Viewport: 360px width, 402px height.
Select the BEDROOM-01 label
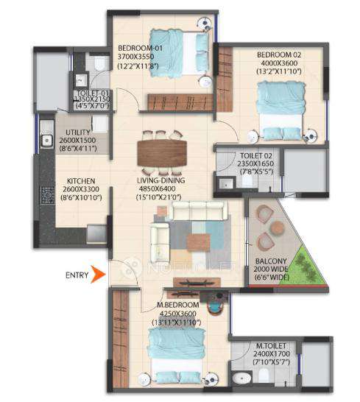click(x=137, y=49)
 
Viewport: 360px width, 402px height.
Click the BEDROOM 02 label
click(x=277, y=54)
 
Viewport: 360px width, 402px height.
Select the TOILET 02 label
click(x=255, y=156)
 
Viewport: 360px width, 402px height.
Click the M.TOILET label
click(x=268, y=345)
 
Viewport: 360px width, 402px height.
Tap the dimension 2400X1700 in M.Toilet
click(x=268, y=353)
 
